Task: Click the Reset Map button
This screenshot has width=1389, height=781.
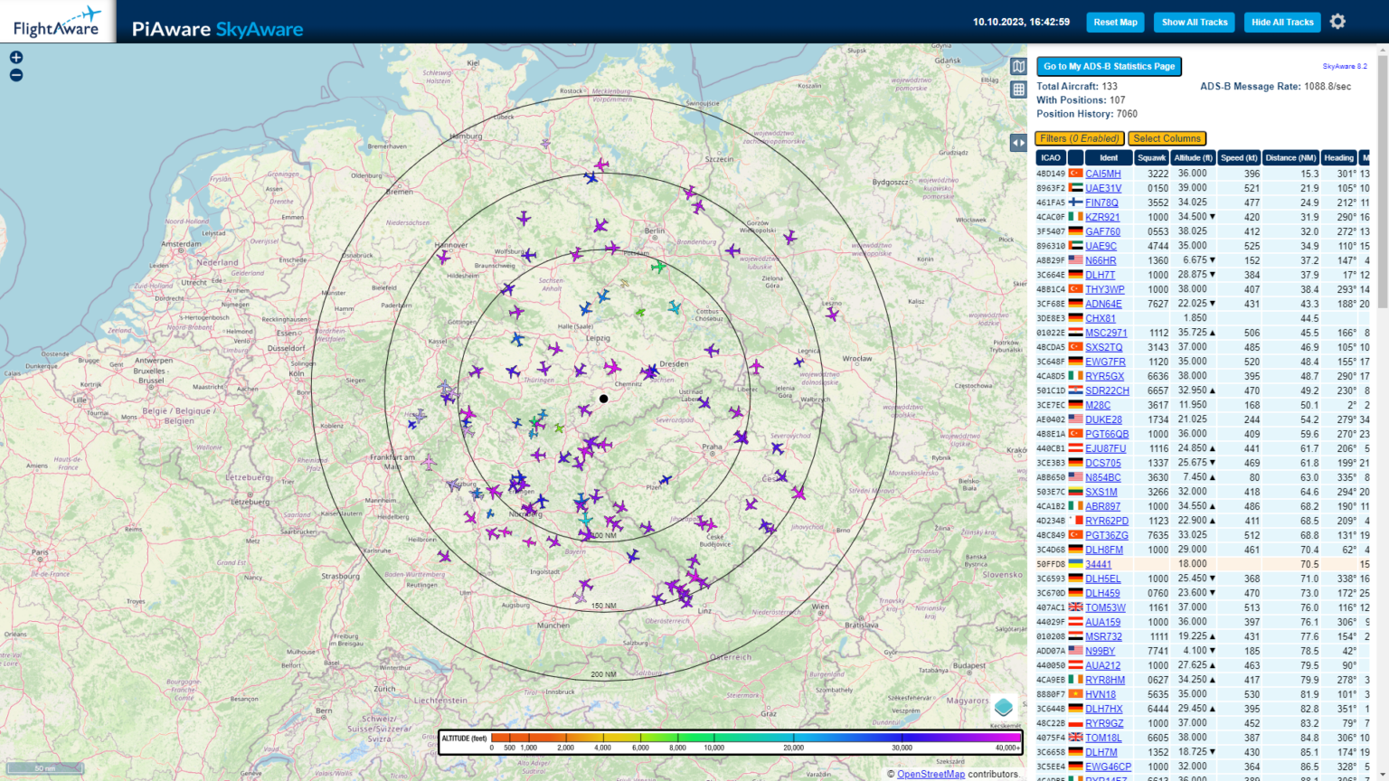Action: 1115,23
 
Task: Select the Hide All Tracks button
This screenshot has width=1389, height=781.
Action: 1282,23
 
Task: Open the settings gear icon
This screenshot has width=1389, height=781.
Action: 1338,22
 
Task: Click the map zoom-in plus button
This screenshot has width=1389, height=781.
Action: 16,57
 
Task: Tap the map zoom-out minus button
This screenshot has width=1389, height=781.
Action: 16,75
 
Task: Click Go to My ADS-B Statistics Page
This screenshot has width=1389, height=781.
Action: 1109,66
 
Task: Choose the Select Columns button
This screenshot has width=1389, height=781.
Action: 1167,138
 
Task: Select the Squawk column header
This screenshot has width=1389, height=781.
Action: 1151,157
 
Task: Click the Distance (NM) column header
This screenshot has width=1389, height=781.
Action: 1290,157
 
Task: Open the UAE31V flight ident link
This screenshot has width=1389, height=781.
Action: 1103,188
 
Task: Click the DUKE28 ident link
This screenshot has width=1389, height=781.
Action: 1103,419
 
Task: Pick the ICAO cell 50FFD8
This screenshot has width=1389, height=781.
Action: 1051,564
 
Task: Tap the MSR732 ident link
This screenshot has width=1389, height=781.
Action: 1103,636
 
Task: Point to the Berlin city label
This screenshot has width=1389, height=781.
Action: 655,231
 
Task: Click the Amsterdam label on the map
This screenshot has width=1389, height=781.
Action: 181,244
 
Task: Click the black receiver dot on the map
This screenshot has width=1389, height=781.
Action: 604,399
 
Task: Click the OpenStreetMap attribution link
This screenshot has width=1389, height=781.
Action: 931,774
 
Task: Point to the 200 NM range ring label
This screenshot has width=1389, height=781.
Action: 603,674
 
